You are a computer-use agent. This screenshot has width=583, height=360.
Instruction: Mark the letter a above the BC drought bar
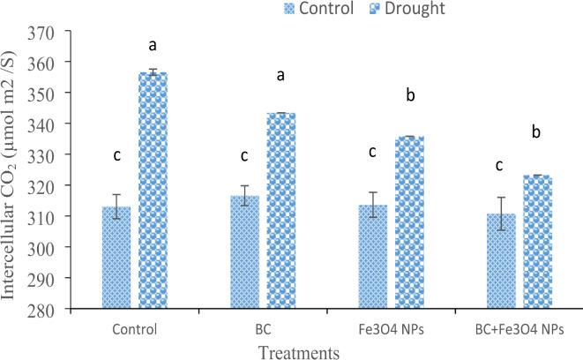coord(280,76)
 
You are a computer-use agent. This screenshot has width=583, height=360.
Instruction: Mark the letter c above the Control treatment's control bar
coord(116,156)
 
